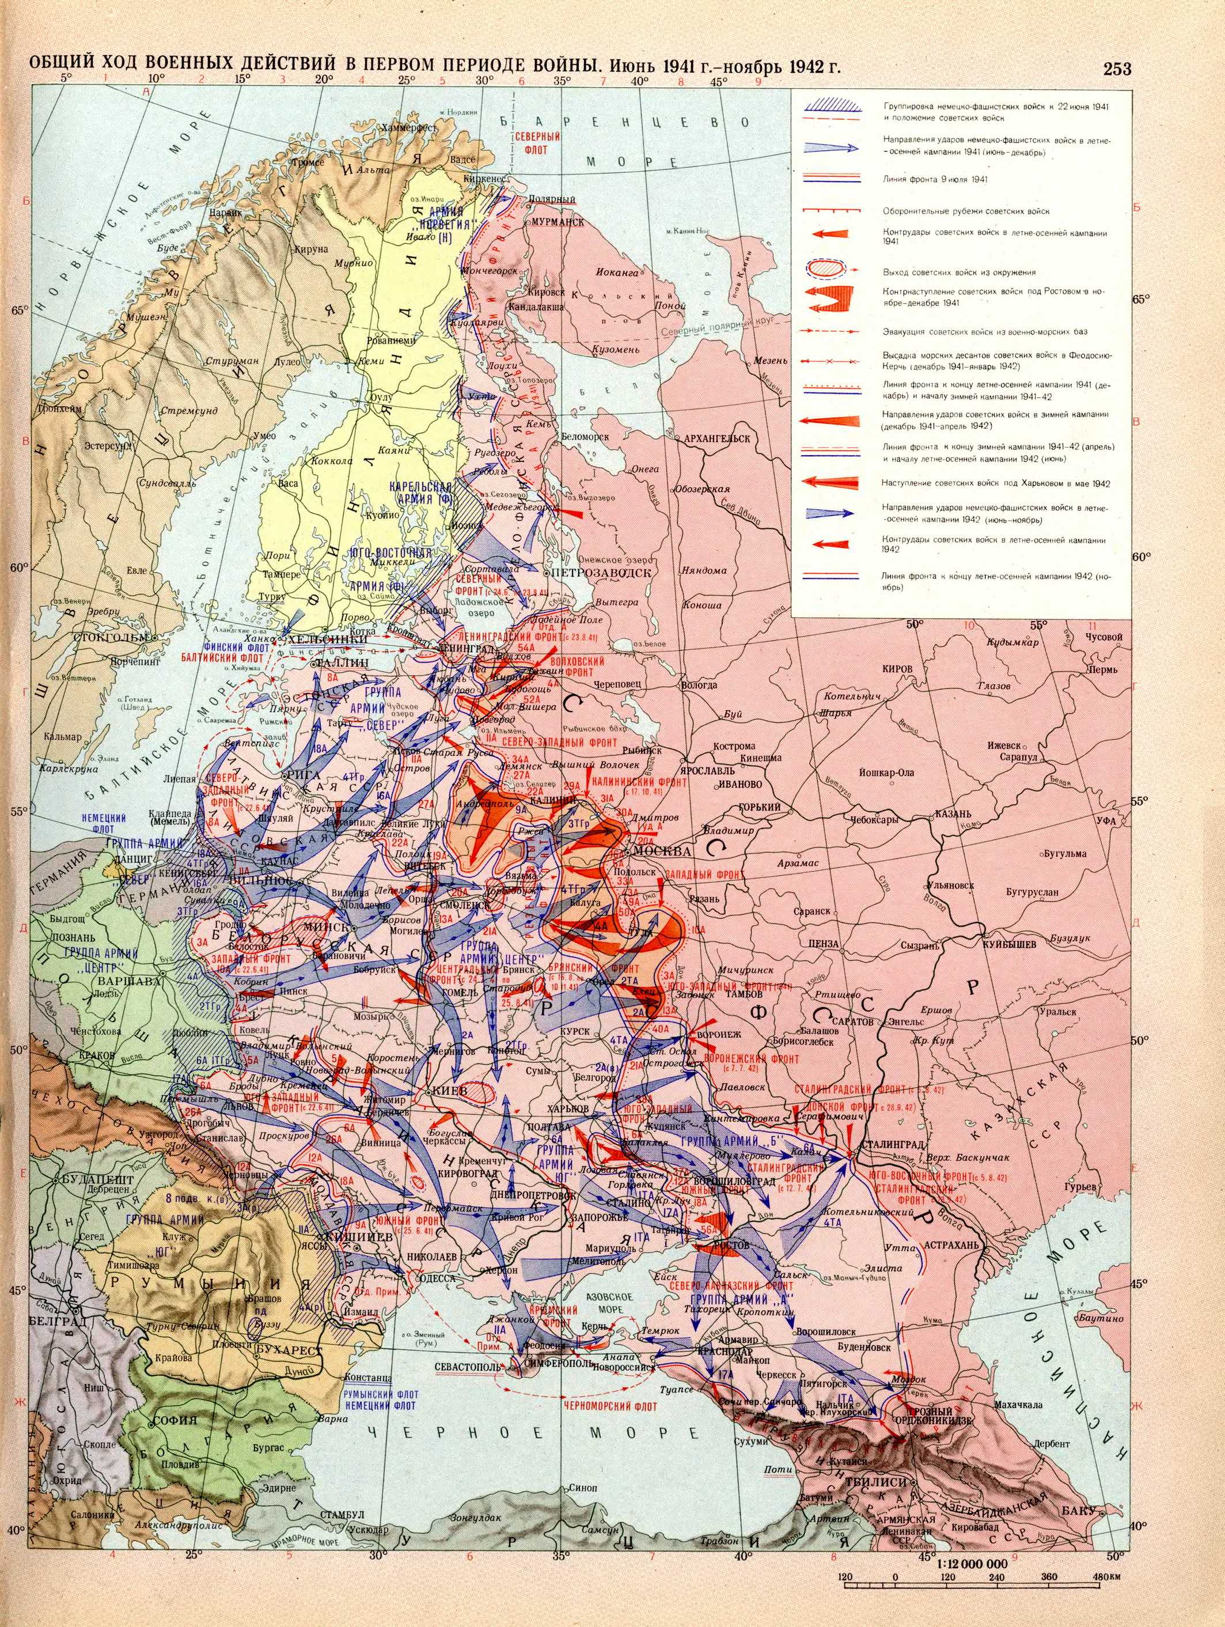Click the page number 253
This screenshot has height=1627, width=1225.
pos(1116,69)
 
